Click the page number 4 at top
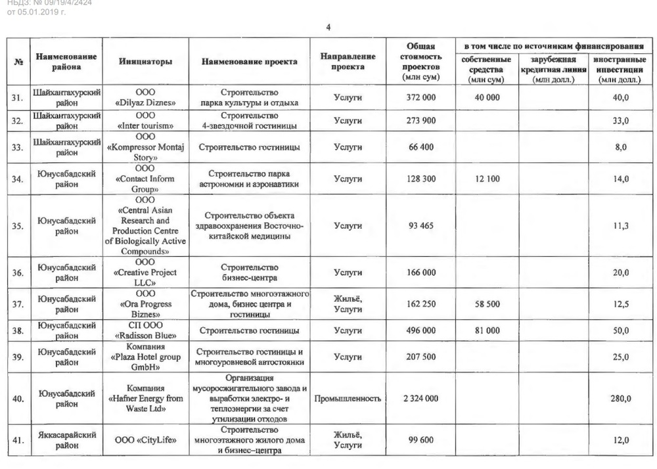[328, 27]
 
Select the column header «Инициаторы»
[145, 62]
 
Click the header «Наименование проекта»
[249, 62]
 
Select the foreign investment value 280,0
[620, 398]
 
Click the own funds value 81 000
[486, 330]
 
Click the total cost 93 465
[420, 226]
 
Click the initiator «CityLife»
[145, 440]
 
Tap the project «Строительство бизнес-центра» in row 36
[249, 273]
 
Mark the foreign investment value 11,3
[620, 226]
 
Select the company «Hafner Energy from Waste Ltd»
[145, 398]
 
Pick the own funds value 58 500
[486, 304]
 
